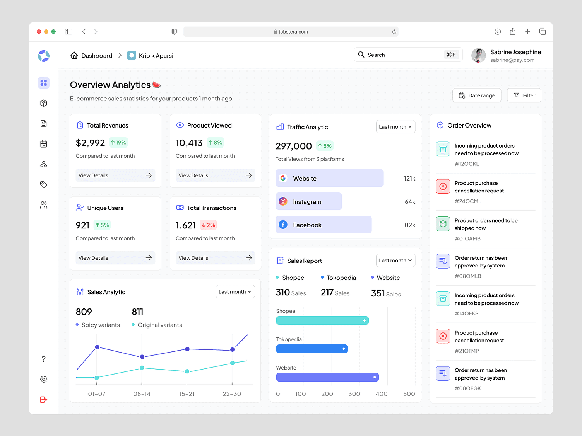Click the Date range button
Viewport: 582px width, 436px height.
pos(476,95)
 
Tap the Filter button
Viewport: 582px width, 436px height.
pos(524,95)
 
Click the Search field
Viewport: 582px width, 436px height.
pos(408,55)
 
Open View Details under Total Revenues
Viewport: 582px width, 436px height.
pos(115,175)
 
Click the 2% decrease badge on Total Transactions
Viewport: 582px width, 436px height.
pos(208,225)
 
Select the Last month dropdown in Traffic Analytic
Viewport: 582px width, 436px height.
pos(395,127)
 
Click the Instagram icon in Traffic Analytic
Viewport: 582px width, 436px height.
pos(283,201)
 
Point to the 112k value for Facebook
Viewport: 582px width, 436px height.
pos(409,225)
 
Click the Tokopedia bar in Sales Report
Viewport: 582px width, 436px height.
pos(312,349)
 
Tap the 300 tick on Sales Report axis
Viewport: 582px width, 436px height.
pos(354,394)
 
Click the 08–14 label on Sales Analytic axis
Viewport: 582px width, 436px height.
pos(142,394)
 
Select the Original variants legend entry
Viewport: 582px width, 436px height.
pos(157,325)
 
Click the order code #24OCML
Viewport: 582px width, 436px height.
pos(468,201)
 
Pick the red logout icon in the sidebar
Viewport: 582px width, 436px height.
pos(43,399)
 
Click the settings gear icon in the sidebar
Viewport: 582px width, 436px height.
pos(43,379)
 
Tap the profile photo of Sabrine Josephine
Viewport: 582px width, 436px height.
pos(478,55)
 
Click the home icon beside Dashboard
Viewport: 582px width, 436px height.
pos(74,55)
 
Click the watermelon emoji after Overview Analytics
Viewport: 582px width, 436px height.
pos(157,85)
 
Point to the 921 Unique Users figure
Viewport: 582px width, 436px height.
pos(82,225)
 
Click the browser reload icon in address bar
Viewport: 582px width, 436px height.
pos(394,32)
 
